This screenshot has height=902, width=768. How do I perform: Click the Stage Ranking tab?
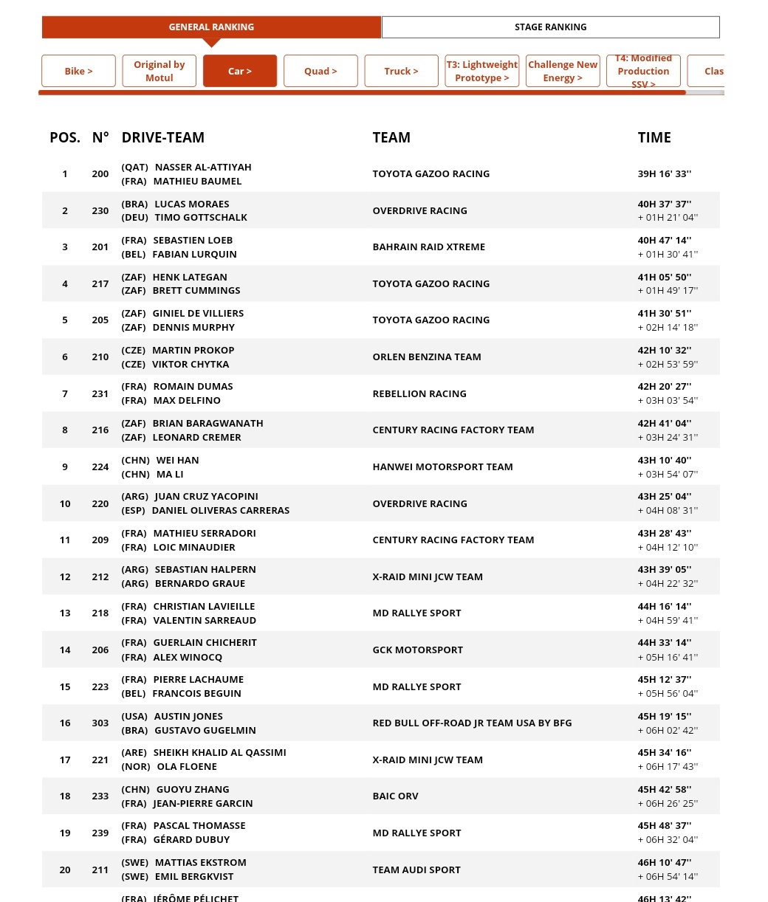pos(550,27)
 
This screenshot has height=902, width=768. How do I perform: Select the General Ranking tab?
pos(211,27)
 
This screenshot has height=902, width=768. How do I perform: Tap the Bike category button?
pos(78,71)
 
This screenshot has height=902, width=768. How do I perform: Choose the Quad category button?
pos(320,71)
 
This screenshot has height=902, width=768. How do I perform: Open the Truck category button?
pos(401,71)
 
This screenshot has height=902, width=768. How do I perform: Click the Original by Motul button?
pos(159,71)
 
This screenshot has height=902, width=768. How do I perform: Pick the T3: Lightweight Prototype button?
pos(481,71)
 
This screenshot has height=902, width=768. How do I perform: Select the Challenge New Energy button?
pos(563,71)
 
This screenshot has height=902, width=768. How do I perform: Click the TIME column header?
pos(654,137)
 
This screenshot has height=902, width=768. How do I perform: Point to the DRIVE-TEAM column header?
pos(162,137)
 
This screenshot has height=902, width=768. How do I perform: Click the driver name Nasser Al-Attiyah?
pos(203,168)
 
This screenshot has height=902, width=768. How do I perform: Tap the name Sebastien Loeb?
pos(193,241)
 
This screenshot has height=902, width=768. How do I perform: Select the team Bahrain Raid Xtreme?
pos(428,247)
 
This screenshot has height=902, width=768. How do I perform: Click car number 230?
pos(100,210)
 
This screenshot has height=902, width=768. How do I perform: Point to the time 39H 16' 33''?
pos(665,174)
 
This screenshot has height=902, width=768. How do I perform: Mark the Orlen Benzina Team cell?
pos(426,357)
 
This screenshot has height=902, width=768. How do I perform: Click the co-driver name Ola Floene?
pos(187,767)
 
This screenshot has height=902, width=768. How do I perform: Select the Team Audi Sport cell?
pos(416,870)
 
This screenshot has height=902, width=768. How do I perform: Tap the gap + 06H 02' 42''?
pos(668,730)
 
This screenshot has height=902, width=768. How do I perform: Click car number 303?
pos(100,723)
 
